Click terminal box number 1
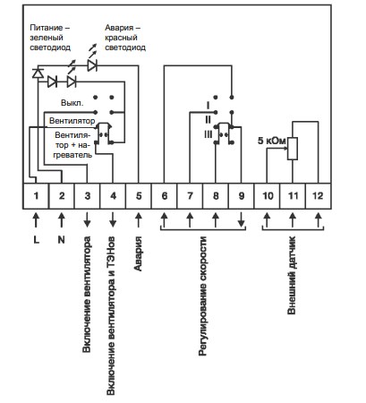(36, 196)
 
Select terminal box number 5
(139, 196)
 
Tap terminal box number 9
(242, 196)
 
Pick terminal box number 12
(319, 196)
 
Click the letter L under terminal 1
(36, 240)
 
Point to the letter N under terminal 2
(62, 240)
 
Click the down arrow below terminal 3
(87, 220)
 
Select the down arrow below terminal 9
(242, 220)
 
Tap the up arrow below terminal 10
(267, 220)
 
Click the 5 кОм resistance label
(271, 141)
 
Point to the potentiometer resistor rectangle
(293, 149)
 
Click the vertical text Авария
(138, 253)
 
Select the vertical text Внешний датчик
(292, 275)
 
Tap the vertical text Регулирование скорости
(202, 296)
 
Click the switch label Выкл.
(72, 103)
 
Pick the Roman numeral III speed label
(209, 134)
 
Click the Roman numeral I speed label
(209, 106)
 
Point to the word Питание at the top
(47, 28)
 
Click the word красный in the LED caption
(121, 38)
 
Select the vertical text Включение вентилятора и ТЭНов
(111, 316)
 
